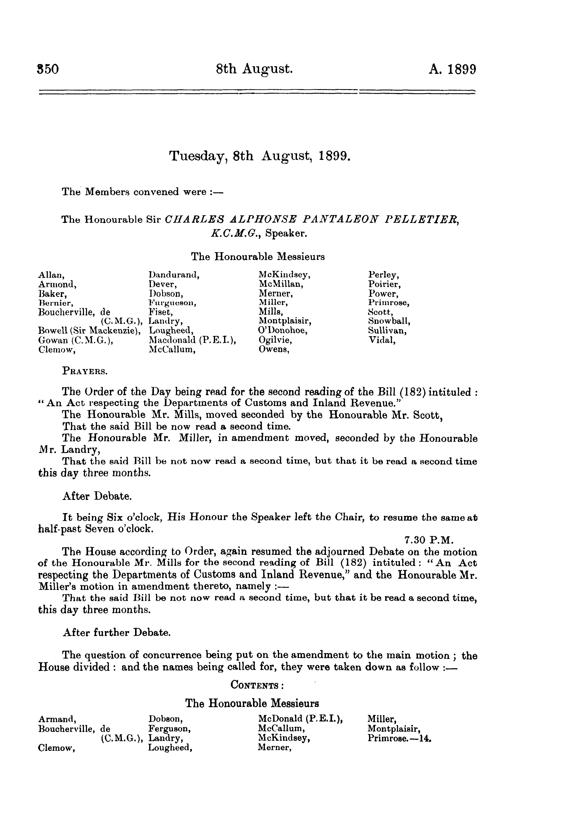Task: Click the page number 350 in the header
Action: (48, 69)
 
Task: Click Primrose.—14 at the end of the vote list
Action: (400, 738)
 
